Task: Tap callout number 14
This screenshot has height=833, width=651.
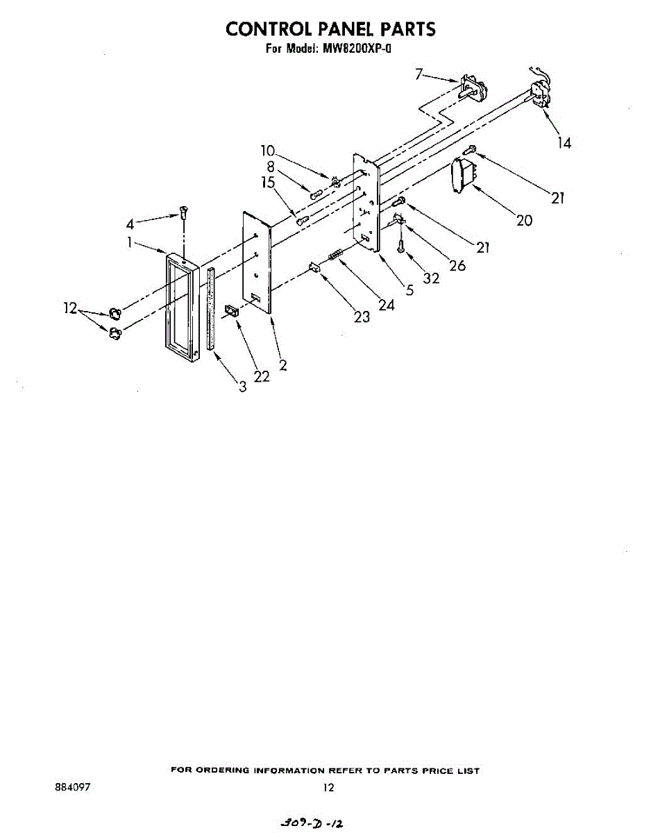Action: pos(564,143)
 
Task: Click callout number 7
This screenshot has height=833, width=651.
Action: pos(418,73)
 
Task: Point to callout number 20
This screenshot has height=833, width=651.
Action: pos(524,220)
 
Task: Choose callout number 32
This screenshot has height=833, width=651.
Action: pos(431,278)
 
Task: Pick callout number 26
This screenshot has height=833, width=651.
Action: pos(457,264)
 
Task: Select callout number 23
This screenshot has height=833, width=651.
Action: pos(362,317)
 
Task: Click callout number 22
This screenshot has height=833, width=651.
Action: pos(261,376)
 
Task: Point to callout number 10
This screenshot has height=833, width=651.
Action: pos(268,151)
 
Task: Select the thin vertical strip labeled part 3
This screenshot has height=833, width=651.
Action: pos(210,308)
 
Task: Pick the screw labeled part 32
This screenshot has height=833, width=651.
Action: pos(400,244)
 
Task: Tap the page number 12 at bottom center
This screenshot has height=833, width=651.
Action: pos(329,788)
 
